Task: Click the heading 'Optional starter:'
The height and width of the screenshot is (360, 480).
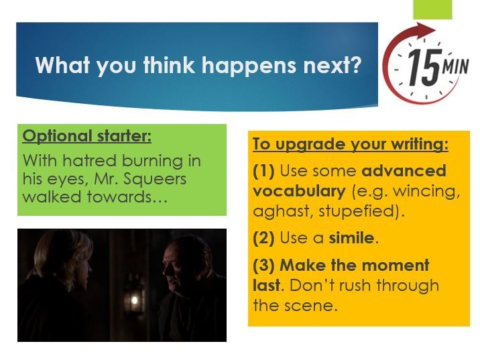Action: (87, 136)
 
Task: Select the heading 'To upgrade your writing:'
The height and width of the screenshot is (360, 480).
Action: (350, 144)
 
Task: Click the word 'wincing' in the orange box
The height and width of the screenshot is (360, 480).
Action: (426, 190)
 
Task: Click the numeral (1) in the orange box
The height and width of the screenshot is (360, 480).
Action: (264, 171)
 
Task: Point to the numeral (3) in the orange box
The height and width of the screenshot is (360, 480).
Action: (264, 266)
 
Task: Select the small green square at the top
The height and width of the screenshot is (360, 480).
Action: (432, 9)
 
